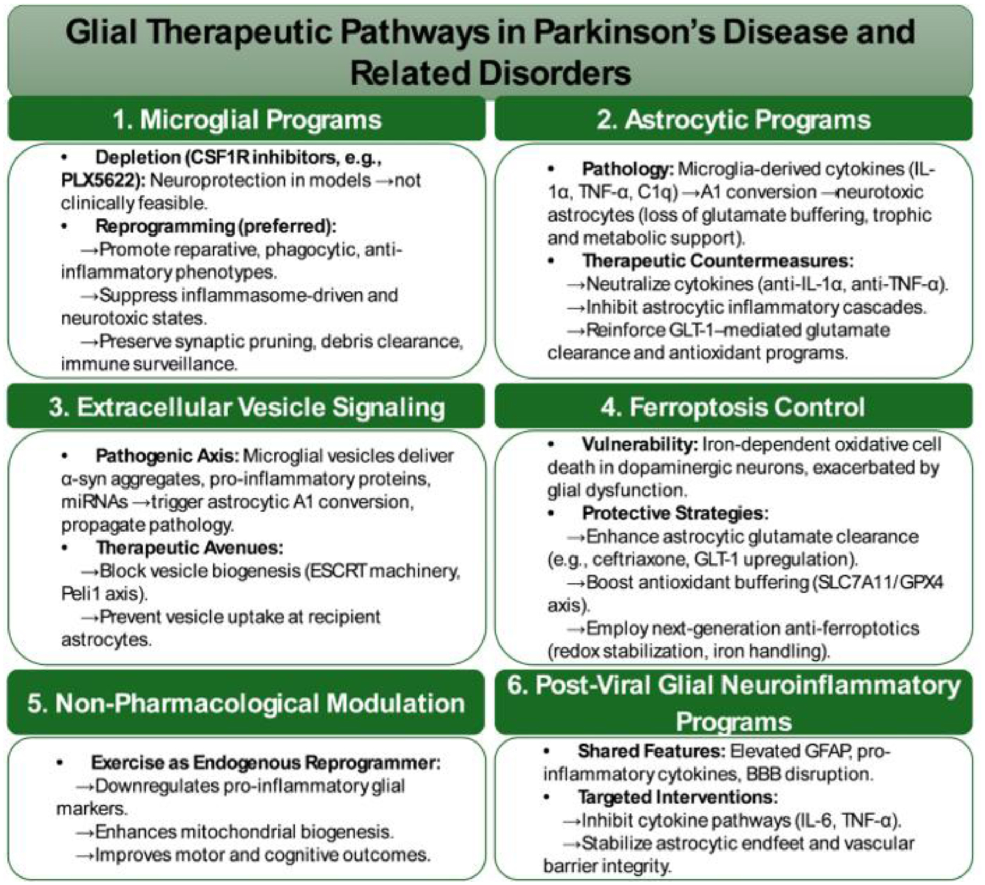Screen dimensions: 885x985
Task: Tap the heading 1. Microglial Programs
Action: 247,120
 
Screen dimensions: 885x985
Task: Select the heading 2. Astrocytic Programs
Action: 733,120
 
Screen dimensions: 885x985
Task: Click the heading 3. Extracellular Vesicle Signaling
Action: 247,407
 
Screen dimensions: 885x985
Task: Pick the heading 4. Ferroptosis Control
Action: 733,407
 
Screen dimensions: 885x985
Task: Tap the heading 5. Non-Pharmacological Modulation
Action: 246,703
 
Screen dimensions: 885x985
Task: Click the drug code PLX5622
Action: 101,180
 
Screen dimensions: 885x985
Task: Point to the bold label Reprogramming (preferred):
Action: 216,226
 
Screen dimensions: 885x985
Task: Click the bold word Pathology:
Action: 627,169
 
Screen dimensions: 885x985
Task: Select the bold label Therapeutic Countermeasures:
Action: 717,261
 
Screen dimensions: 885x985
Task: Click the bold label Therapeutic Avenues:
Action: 190,547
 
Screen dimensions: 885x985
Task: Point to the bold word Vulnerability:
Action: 640,444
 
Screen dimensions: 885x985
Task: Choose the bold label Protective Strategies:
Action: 675,513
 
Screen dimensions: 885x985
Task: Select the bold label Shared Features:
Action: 651,752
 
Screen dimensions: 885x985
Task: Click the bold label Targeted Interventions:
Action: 677,797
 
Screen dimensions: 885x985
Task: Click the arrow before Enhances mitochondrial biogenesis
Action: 85,832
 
